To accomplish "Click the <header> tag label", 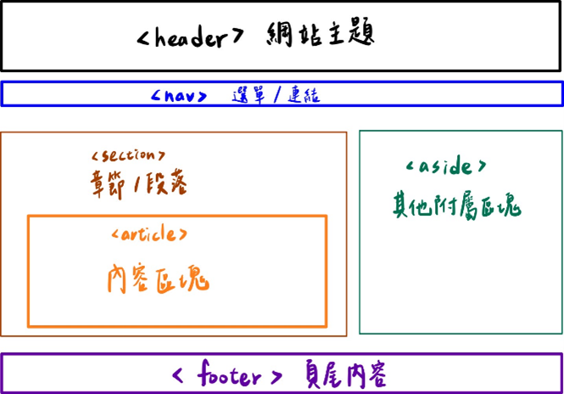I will pyautogui.click(x=191, y=37).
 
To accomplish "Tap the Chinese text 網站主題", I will pyautogui.click(x=321, y=35).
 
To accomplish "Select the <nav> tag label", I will pyautogui.click(x=179, y=95).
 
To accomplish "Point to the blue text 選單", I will pyautogui.click(x=247, y=94).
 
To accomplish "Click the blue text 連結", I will pyautogui.click(x=303, y=94).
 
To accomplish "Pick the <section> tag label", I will pyautogui.click(x=127, y=155).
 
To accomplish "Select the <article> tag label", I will pyautogui.click(x=149, y=234).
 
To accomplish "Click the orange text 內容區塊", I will pyautogui.click(x=158, y=278).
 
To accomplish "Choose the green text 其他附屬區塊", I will pyautogui.click(x=455, y=204).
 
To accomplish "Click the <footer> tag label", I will pyautogui.click(x=227, y=374).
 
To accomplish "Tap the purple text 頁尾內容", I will pyautogui.click(x=346, y=374).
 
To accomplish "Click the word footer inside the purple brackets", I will pyautogui.click(x=227, y=374).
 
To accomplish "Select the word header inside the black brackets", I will pyautogui.click(x=191, y=37).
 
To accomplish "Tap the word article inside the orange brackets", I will pyautogui.click(x=149, y=234).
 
